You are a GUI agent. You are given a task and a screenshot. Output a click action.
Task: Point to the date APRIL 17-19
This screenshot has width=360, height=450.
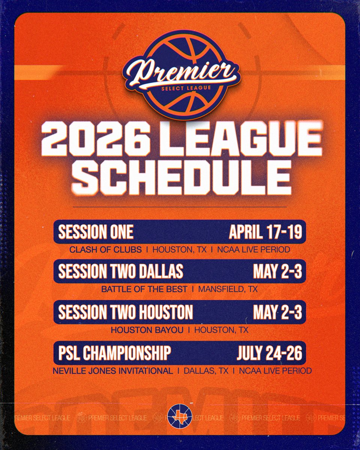pyautogui.click(x=265, y=232)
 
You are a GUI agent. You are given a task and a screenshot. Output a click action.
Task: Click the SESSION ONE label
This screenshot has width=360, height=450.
pyautogui.click(x=96, y=232)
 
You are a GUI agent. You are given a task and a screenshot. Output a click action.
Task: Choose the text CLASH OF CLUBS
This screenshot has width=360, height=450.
pyautogui.click(x=105, y=249)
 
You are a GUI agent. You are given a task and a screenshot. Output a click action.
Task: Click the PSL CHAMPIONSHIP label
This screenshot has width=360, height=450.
pyautogui.click(x=115, y=353)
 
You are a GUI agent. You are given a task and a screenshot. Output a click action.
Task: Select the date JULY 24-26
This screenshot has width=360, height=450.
pyautogui.click(x=269, y=353)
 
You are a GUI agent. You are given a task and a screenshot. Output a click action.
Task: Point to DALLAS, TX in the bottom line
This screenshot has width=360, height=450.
pyautogui.click(x=205, y=371)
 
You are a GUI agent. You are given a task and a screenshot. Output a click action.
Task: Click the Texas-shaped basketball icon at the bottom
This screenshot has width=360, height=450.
pyautogui.click(x=180, y=416)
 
